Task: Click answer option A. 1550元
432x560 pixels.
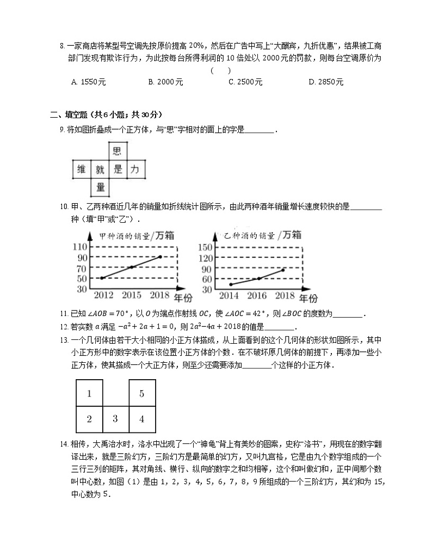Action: tap(88, 82)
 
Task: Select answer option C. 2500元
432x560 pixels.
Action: tap(245, 82)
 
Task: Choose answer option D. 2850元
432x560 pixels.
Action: tap(325, 82)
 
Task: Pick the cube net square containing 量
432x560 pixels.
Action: tap(100, 187)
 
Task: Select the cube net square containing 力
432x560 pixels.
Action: tap(135, 169)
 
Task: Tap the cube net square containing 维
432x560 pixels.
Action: tap(82, 169)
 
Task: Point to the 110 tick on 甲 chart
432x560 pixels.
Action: tap(80, 247)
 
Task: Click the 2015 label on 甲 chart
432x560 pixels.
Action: tap(132, 295)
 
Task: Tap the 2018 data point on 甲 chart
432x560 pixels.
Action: tap(160, 257)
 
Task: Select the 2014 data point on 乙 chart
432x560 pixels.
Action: tap(231, 284)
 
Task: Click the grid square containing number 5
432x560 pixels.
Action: tap(142, 393)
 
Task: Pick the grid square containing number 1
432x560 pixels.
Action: tap(89, 393)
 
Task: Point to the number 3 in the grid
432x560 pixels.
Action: tap(115, 418)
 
